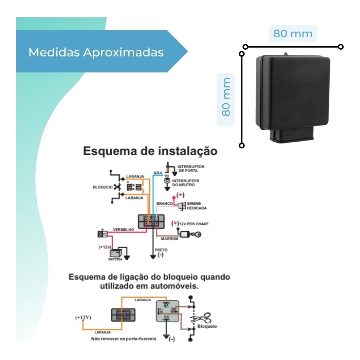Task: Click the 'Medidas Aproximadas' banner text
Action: pos(96,52)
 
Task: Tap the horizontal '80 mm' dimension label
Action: pos(293,34)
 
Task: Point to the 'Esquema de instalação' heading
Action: pos(150,151)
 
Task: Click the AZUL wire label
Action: pos(158,173)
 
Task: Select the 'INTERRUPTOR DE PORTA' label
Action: pos(190,169)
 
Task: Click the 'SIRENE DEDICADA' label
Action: pos(197,205)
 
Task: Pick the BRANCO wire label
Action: pos(164,203)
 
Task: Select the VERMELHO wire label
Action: pos(123,229)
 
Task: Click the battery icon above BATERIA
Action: pos(116,253)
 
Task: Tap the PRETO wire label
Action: pos(161,250)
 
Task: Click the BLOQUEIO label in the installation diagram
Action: pos(103,187)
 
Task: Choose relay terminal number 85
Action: pos(166,305)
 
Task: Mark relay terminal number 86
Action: pos(166,317)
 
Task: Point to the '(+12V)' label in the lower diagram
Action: pos(83,317)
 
